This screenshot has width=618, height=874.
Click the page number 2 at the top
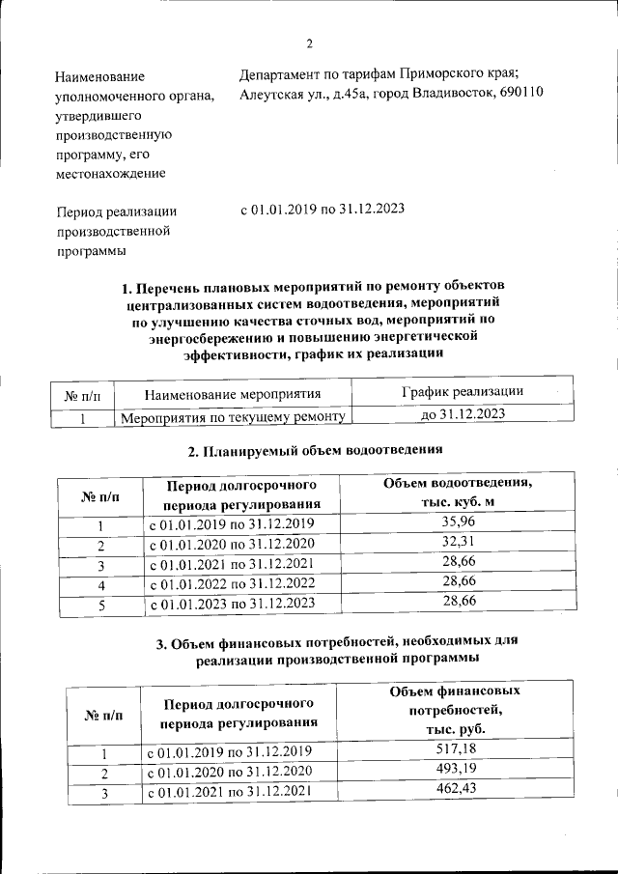[x=310, y=43]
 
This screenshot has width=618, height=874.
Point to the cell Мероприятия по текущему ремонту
[x=232, y=416]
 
